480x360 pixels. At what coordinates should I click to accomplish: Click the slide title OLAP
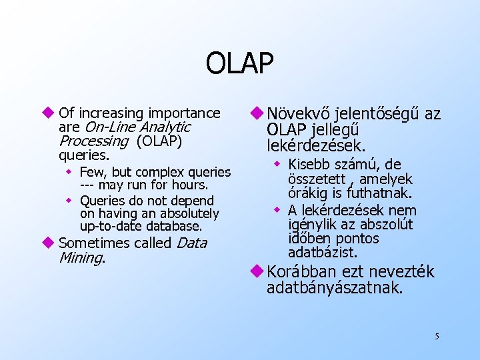tap(239, 64)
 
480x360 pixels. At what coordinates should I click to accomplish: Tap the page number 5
tap(436, 336)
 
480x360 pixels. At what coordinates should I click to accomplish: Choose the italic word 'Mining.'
tap(83, 257)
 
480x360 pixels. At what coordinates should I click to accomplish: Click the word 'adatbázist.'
tap(323, 253)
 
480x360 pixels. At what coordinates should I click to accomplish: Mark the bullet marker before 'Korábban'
tap(258, 272)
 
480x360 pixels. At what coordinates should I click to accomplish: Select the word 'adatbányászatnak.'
tap(335, 288)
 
